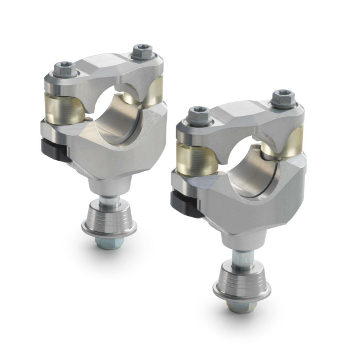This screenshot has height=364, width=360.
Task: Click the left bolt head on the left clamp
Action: (x=66, y=70)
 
